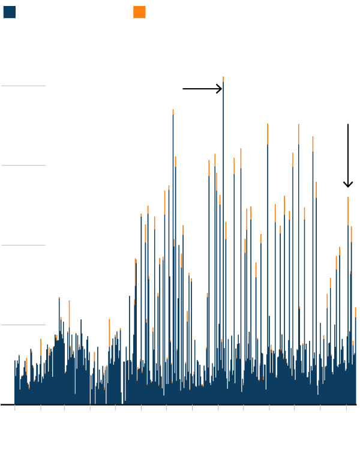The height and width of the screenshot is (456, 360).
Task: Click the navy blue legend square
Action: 10,12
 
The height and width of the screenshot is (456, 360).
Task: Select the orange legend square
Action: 139,12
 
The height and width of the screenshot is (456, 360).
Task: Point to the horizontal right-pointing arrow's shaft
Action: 201,89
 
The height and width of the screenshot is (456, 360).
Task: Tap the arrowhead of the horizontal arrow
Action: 220,89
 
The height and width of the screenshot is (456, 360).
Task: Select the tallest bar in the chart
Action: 223,240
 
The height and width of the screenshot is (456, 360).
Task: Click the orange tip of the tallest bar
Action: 223,79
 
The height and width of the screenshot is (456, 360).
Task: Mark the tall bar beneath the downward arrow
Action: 348,300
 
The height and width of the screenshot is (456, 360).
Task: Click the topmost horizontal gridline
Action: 23,86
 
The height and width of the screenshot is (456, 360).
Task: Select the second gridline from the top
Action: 23,166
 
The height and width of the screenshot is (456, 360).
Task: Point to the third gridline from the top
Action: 23,245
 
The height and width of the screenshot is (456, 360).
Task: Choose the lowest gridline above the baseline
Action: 23,325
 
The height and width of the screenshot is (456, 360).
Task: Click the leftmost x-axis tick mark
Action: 14,407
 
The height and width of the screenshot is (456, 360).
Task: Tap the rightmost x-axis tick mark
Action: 346,407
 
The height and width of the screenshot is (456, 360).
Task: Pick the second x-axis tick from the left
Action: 40,407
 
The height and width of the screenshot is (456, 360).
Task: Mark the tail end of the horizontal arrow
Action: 184,89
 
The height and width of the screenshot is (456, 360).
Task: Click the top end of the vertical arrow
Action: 348,125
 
